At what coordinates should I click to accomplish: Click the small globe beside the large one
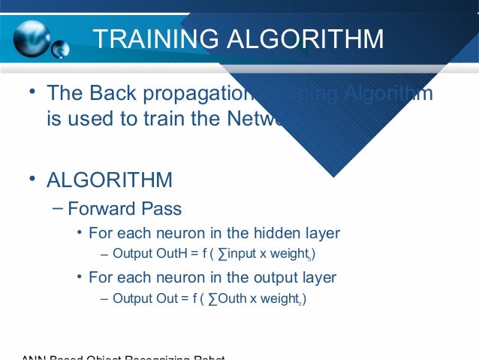pos(60,50)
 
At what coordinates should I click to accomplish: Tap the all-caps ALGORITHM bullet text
pos(110,181)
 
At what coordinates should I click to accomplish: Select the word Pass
pos(165,209)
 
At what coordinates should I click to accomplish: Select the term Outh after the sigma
pos(232,298)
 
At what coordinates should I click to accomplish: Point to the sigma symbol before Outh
pos(211,298)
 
